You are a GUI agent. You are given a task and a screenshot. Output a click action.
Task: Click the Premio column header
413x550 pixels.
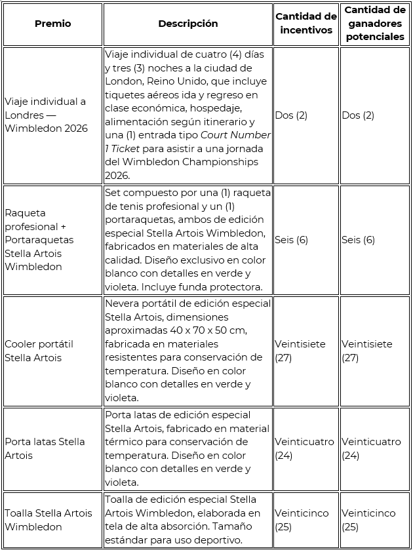(52, 24)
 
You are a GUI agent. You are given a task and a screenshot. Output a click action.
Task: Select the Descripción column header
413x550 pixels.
(187, 24)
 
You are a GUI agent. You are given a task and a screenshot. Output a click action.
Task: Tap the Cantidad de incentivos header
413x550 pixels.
(306, 23)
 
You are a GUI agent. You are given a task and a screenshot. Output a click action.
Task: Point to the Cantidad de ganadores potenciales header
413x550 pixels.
(375, 23)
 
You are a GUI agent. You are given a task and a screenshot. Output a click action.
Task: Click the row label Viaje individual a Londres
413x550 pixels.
(46, 115)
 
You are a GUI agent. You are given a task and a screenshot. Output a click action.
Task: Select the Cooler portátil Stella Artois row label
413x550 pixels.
(39, 351)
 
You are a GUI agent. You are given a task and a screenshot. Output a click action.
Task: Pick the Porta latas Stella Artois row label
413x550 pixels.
(45, 448)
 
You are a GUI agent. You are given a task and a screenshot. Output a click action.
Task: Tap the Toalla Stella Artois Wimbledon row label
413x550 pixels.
(49, 520)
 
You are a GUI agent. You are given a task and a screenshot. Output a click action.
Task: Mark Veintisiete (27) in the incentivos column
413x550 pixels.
(299, 351)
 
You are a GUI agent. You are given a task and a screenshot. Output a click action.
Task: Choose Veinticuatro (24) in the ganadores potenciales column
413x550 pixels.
(371, 448)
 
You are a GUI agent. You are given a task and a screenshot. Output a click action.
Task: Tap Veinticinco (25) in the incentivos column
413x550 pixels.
(302, 520)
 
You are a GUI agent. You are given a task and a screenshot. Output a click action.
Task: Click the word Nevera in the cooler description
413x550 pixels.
(122, 304)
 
